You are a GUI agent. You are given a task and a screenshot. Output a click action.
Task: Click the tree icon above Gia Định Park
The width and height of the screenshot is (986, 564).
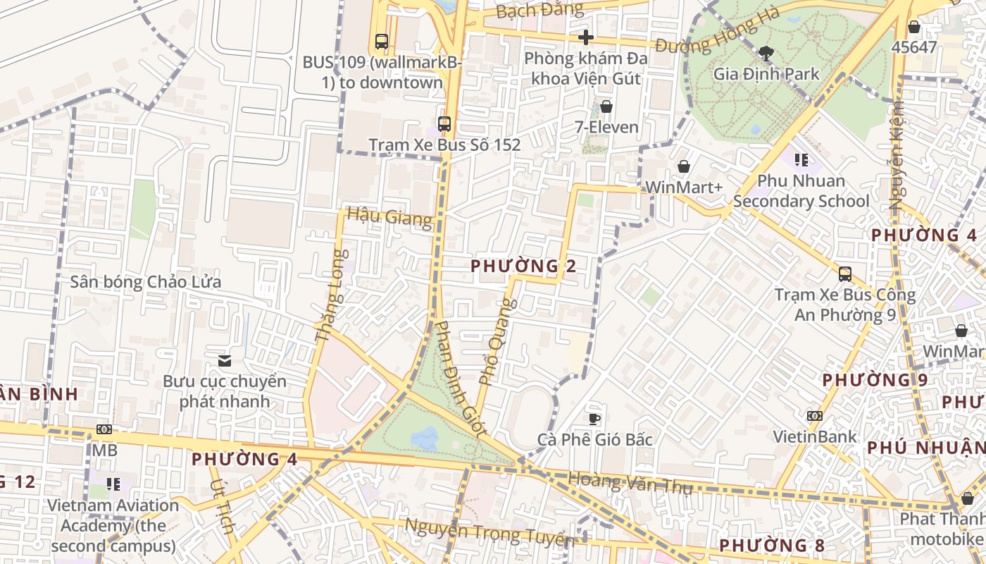point(766,53)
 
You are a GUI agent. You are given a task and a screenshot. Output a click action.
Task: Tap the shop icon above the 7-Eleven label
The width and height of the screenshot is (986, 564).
point(606,106)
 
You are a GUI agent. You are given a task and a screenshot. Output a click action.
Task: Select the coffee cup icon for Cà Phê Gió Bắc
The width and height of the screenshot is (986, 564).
point(594,419)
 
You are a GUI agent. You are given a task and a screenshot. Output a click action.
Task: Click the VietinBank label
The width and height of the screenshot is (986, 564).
point(815,436)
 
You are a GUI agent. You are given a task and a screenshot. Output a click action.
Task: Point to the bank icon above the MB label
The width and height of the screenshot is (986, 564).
point(104,429)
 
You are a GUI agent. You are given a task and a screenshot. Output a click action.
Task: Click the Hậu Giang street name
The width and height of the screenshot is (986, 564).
point(389,216)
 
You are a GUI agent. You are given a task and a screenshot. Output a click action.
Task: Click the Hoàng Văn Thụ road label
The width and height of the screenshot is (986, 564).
point(630,483)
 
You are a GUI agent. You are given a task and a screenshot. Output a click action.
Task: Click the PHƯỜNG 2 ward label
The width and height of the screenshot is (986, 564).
point(523,266)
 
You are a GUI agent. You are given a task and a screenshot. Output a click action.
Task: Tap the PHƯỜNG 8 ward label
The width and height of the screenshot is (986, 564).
point(771,545)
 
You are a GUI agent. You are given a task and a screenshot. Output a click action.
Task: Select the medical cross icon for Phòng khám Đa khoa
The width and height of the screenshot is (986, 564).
point(585,37)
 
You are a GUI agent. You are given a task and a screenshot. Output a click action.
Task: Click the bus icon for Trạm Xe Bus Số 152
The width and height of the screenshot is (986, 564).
point(444,124)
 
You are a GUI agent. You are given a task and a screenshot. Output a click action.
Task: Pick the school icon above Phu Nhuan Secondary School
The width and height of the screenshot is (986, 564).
point(801,160)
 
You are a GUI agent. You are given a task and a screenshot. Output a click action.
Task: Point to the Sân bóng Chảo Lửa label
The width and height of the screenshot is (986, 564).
point(146,282)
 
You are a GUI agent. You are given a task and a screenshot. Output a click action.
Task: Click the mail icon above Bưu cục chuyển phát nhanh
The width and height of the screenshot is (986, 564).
point(225,361)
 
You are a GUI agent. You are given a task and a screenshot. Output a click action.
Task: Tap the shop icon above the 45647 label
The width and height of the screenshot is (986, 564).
point(913,27)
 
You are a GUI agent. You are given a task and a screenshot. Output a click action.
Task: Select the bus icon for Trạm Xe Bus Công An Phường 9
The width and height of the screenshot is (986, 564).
point(844,274)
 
